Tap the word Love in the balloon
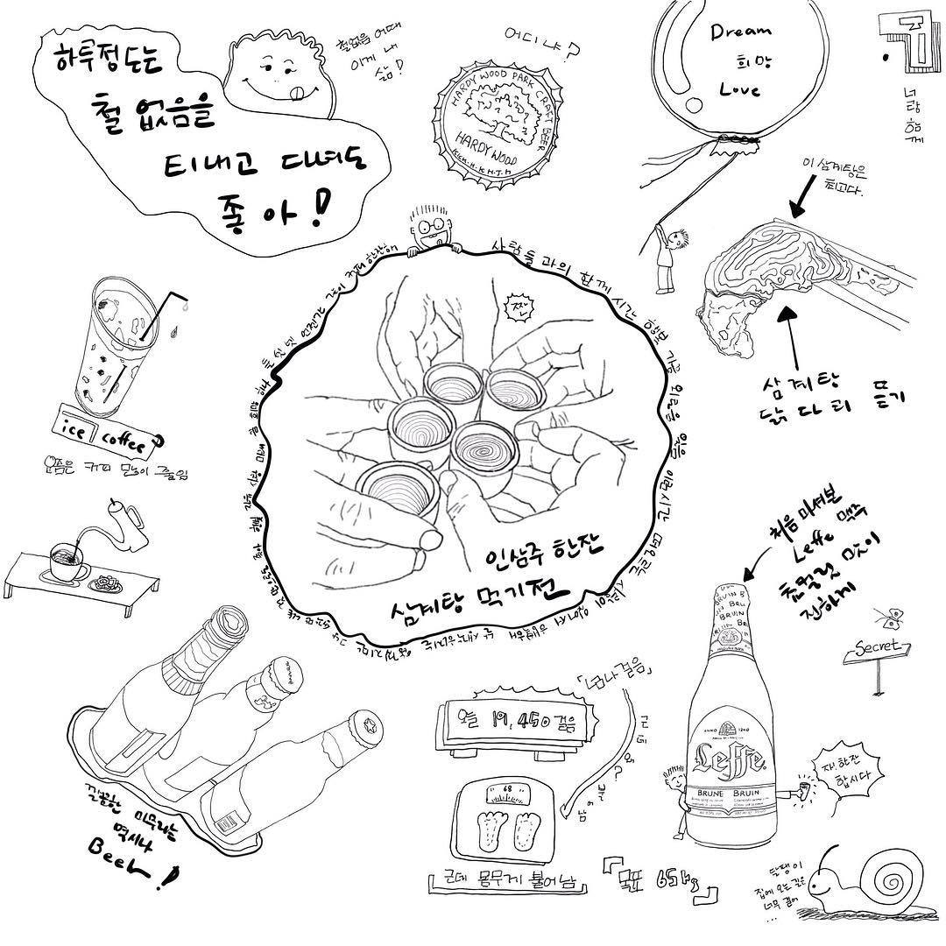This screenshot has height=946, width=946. click(738, 88)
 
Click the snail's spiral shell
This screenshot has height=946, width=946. click(885, 881)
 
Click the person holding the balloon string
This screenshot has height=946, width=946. click(667, 253)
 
